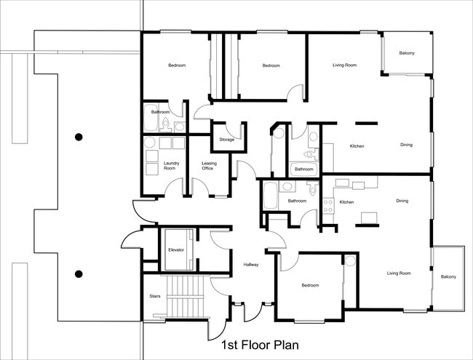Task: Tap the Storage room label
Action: pyautogui.click(x=227, y=139)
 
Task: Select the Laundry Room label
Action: pyautogui.click(x=172, y=166)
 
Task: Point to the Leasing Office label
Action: pyautogui.click(x=209, y=166)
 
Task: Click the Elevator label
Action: pyautogui.click(x=176, y=249)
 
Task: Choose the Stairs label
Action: pyautogui.click(x=154, y=297)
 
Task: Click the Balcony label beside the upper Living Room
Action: pyautogui.click(x=408, y=53)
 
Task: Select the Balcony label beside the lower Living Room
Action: pyautogui.click(x=448, y=276)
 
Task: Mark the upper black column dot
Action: pyautogui.click(x=79, y=137)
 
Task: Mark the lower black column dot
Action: pyautogui.click(x=79, y=274)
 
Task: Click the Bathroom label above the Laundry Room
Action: pyautogui.click(x=160, y=112)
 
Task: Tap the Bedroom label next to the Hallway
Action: pyautogui.click(x=310, y=285)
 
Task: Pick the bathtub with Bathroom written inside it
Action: pyautogui.click(x=304, y=169)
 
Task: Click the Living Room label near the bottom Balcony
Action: pyautogui.click(x=399, y=273)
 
